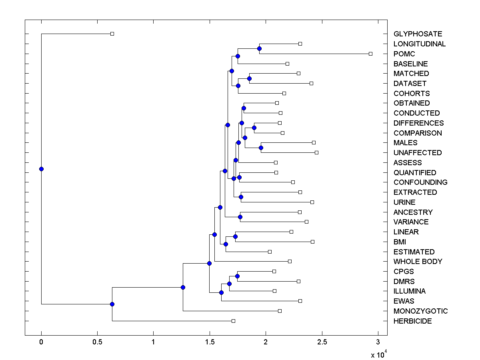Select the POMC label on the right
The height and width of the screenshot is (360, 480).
coord(404,54)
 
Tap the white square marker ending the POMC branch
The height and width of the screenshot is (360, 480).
coord(370,54)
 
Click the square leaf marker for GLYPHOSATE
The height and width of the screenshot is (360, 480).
coord(112,34)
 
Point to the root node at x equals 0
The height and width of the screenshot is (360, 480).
coord(41,169)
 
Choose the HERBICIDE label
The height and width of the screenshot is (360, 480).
coord(412,321)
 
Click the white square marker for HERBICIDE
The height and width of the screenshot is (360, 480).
coord(233,321)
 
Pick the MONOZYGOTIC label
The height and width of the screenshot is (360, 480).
coord(420,311)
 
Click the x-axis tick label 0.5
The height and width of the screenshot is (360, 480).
coord(97,342)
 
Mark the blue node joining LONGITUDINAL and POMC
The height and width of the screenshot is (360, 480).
coord(259,48)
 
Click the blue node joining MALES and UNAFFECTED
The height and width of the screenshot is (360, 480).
coord(261,148)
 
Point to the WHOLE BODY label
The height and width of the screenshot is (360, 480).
coord(418,262)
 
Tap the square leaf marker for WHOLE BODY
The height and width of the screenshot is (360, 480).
coord(290,261)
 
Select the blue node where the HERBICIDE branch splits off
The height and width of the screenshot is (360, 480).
coord(112,304)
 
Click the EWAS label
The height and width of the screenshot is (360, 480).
coord(404,301)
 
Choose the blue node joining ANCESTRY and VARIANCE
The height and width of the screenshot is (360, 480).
coord(240,217)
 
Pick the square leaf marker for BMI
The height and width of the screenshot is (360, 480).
coord(312,242)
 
